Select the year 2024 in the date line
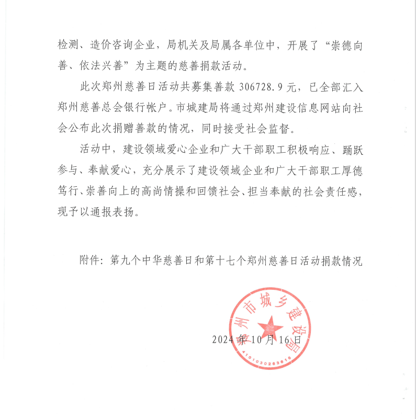point(223,339)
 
